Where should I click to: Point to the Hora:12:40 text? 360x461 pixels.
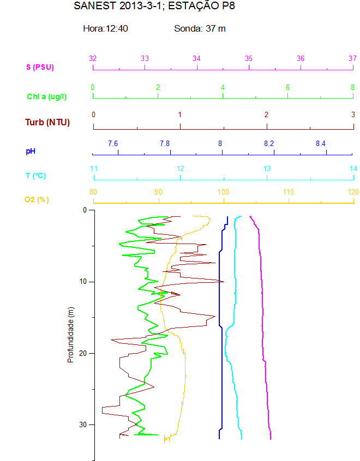pyautogui.click(x=105, y=28)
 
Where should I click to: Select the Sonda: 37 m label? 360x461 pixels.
pyautogui.click(x=200, y=28)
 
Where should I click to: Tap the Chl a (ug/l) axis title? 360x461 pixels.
pyautogui.click(x=46, y=96)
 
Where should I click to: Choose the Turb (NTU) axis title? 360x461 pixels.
pyautogui.click(x=47, y=122)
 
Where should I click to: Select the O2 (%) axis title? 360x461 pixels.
pyautogui.click(x=37, y=200)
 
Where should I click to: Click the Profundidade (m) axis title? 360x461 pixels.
pyautogui.click(x=70, y=335)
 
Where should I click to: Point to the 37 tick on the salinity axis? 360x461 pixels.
pyautogui.click(x=352, y=58)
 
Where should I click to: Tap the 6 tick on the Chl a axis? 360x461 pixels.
pyautogui.click(x=287, y=87)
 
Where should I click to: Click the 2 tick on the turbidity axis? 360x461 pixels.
pyautogui.click(x=266, y=114)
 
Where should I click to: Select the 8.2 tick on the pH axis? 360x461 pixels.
pyautogui.click(x=269, y=143)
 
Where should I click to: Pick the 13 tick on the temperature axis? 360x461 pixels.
pyautogui.click(x=267, y=168)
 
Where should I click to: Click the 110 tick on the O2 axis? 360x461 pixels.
pyautogui.click(x=288, y=192)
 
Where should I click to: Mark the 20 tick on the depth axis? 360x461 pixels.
pyautogui.click(x=83, y=353)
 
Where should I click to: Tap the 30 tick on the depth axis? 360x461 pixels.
pyautogui.click(x=83, y=424)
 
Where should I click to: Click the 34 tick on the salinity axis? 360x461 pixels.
pyautogui.click(x=196, y=58)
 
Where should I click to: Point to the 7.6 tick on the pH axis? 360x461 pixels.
pyautogui.click(x=113, y=143)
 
